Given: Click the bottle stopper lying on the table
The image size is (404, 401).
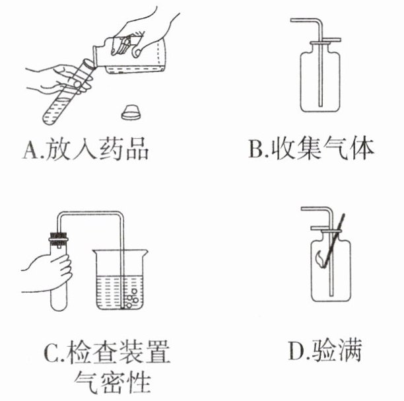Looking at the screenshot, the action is tap(131, 112).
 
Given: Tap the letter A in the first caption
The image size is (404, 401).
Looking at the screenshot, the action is tap(30, 150).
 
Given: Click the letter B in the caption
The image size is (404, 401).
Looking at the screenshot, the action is tap(256, 149).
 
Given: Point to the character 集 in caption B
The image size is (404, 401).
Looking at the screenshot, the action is tap(309, 149).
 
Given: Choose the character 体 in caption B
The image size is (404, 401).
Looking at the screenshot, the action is tap(361, 149).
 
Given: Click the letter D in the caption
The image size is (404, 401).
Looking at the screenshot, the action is tap(296, 350).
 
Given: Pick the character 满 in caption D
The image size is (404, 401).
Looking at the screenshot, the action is tap(349, 350).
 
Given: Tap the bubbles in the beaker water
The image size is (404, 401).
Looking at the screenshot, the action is tap(131, 299).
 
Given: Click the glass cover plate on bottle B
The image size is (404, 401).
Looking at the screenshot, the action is tap(325, 41).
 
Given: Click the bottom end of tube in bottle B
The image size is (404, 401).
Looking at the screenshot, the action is tap(320, 106).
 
